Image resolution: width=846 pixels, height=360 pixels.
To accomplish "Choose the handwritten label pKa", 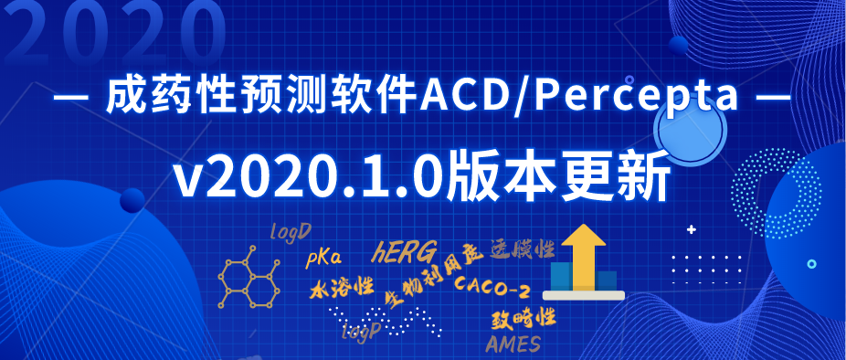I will [323, 258].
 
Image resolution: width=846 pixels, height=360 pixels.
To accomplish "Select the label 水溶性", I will [342, 290].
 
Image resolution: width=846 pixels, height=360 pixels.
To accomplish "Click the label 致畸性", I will [523, 318].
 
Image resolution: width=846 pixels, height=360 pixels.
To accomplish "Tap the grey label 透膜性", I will [522, 248].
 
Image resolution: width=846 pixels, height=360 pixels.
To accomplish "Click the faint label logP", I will [359, 331].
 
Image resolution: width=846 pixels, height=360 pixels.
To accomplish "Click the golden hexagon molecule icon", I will [246, 278].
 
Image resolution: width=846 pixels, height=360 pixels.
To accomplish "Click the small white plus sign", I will [691, 229].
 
